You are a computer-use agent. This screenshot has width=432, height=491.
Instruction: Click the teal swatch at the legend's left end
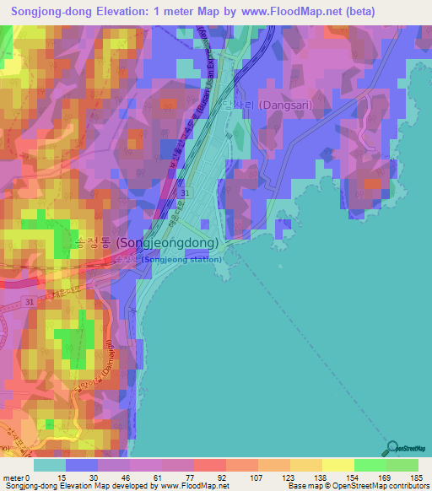(49, 465)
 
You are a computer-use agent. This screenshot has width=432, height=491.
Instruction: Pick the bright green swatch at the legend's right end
(402, 465)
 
